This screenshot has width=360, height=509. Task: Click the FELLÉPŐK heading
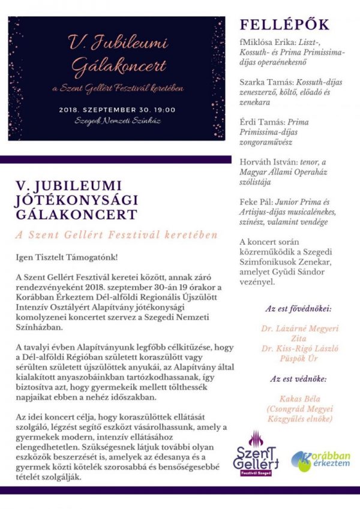(x=284, y=25)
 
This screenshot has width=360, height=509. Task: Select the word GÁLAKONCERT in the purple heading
(x=77, y=214)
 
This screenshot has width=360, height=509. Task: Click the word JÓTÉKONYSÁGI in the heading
(x=78, y=200)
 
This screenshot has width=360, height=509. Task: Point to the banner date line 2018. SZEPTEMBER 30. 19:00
(x=118, y=110)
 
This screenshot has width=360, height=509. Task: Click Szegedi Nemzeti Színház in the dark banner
(x=118, y=122)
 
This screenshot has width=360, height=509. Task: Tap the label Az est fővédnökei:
(x=298, y=310)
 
